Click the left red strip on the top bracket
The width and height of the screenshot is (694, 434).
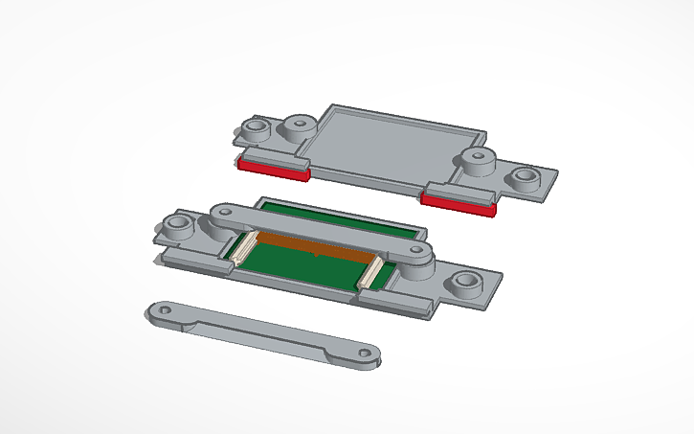coord(272,170)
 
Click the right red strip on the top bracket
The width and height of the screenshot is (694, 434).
coord(458,202)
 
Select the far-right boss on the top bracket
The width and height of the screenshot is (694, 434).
coord(525,177)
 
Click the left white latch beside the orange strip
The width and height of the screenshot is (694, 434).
coord(239,247)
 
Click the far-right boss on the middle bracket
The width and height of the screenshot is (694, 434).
coord(467,284)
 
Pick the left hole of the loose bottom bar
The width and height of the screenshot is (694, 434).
coord(165,310)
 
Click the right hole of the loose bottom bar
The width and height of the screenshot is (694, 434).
coord(364,355)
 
